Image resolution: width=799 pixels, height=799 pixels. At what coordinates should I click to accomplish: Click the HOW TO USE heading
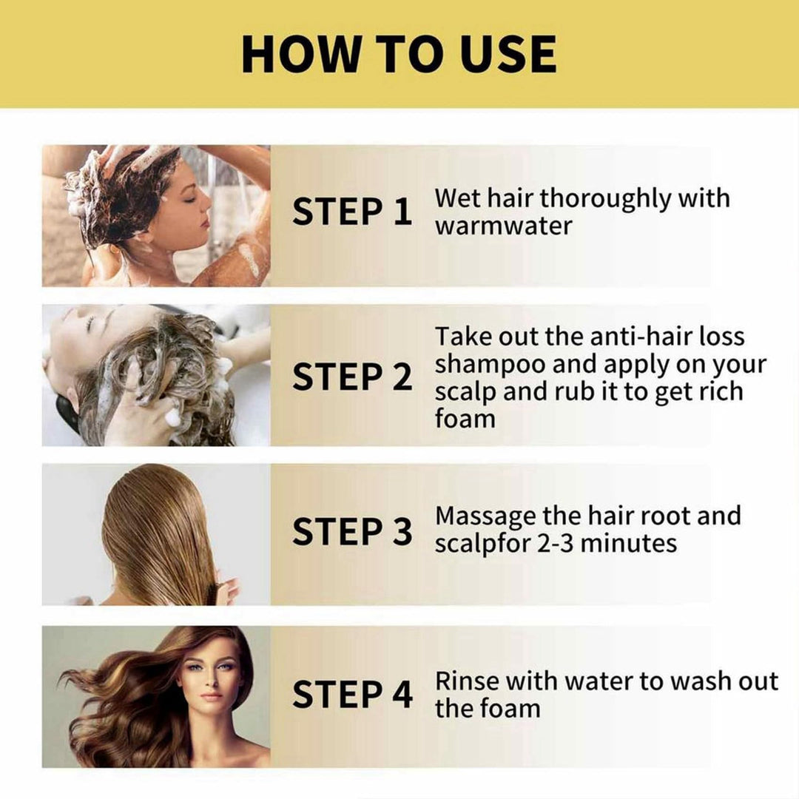(x=399, y=53)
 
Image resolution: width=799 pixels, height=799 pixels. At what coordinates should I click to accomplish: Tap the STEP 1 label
(x=351, y=212)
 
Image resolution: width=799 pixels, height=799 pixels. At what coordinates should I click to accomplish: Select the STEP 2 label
(x=351, y=377)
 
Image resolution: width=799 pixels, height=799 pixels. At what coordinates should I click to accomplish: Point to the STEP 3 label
(x=351, y=532)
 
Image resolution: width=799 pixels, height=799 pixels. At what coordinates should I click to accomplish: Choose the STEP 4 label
(x=351, y=695)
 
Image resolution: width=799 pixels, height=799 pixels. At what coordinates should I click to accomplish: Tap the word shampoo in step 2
(x=490, y=365)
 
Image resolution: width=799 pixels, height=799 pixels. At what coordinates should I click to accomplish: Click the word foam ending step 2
(x=465, y=419)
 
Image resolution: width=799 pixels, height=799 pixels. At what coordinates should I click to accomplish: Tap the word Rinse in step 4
(x=467, y=681)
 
